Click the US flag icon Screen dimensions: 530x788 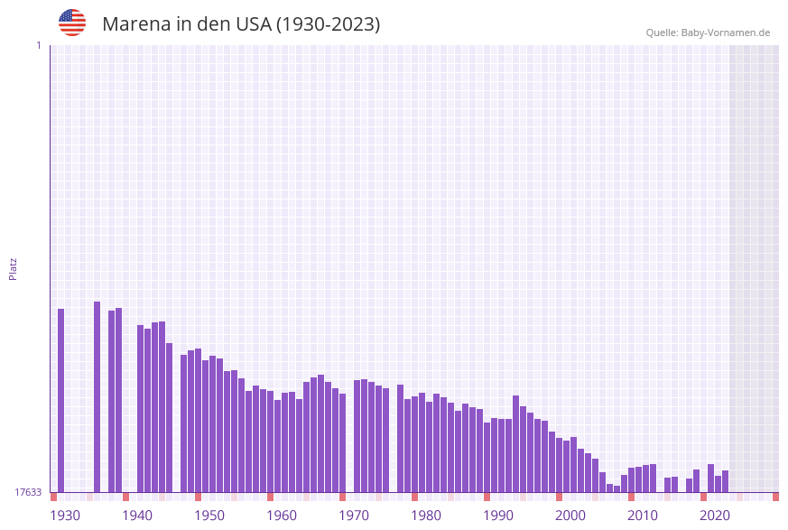pos(72,23)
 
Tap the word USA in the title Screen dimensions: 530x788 pos(253,24)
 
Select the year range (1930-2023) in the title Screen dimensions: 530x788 pos(328,24)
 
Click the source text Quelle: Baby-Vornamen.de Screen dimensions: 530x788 pos(708,33)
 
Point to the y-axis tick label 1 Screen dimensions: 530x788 pos(38,45)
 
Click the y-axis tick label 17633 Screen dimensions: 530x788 pos(28,492)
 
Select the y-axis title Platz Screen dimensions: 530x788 pos(14,268)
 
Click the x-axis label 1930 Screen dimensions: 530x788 pos(65,516)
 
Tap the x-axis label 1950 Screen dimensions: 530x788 pos(209,516)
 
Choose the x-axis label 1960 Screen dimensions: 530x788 pos(282,516)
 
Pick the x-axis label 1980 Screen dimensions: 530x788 pos(426,516)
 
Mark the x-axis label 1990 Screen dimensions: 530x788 pos(498,516)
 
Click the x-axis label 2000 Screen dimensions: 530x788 pos(570,516)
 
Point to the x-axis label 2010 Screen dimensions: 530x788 pos(643,516)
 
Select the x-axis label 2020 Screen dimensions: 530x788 pos(715,516)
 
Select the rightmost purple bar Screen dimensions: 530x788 pos(725,481)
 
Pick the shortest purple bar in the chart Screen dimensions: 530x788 pos(616,488)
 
